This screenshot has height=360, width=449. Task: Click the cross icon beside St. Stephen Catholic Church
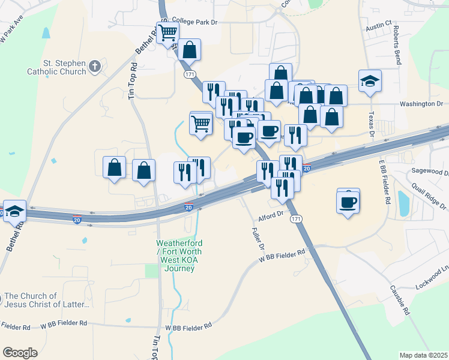coord(95,67)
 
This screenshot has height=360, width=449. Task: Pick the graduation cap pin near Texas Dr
coord(370,80)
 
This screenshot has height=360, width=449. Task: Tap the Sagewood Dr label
coord(427,171)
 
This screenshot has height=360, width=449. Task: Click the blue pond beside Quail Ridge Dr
coord(403,203)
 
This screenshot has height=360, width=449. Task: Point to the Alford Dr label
coord(271,214)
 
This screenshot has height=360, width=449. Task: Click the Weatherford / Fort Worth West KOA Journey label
coord(176,256)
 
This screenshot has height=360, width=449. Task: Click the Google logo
coord(20,353)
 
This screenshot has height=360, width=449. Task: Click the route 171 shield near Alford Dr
coord(296,220)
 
